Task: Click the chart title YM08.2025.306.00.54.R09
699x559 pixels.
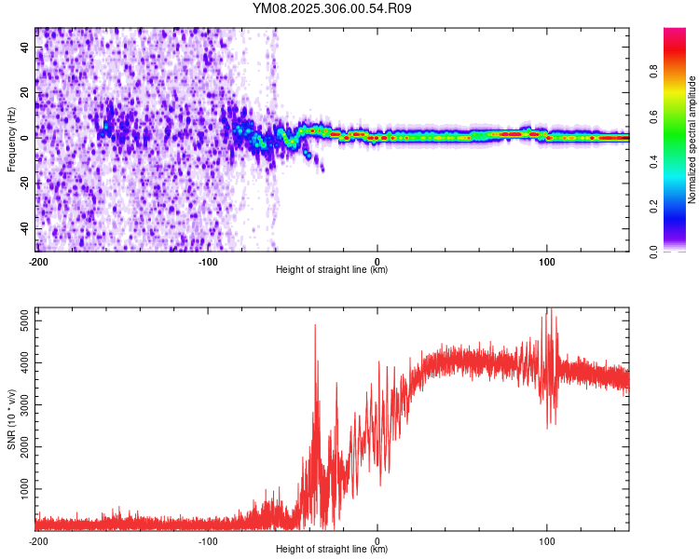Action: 333,8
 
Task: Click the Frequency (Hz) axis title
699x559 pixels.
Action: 11,140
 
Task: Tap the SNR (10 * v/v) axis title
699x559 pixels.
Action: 11,419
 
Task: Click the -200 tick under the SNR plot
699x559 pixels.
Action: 38,540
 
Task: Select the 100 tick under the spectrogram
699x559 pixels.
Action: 546,261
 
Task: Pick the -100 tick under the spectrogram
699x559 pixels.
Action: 208,261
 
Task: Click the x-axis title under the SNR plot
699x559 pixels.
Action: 332,550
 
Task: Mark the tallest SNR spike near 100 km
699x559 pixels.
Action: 550,309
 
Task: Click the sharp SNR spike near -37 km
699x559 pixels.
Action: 315,325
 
